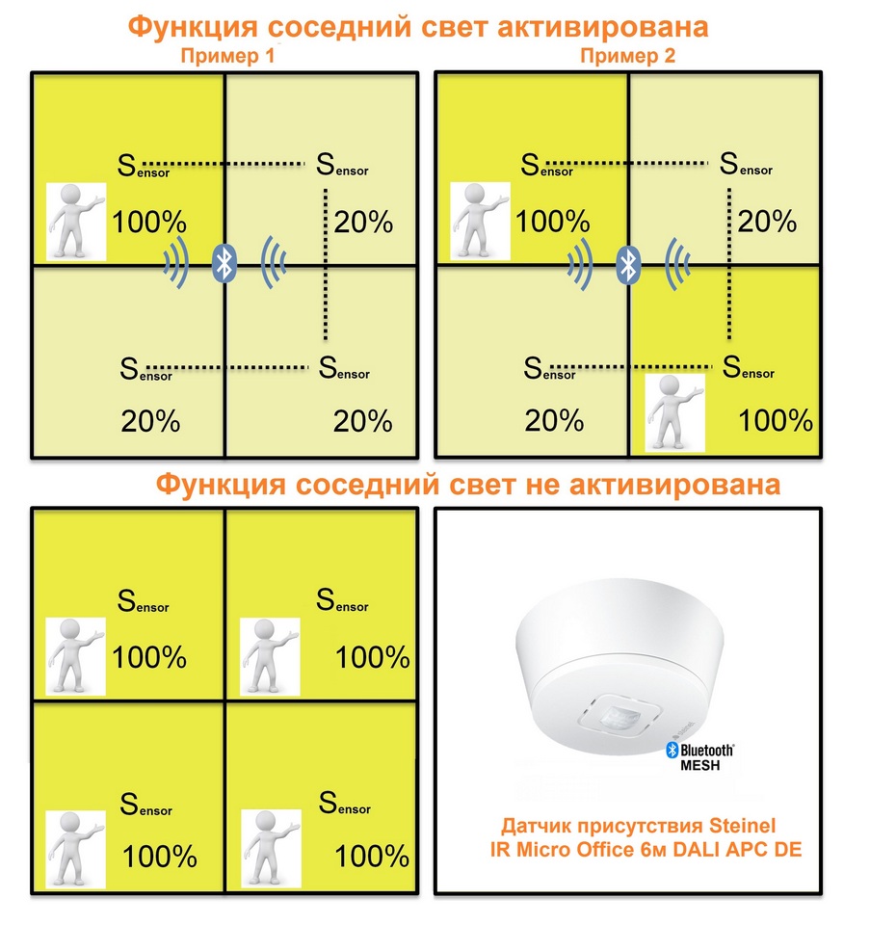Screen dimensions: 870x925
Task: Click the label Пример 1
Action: tap(227, 56)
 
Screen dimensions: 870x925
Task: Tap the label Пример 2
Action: tap(627, 56)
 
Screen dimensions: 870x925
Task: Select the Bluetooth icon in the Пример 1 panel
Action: tap(224, 263)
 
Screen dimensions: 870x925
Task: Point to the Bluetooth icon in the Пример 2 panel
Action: tap(628, 264)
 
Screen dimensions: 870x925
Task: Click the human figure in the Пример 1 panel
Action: tap(76, 222)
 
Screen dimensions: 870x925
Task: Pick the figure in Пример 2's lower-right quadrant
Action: tap(675, 412)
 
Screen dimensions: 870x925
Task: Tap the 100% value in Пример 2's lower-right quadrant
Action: tap(776, 421)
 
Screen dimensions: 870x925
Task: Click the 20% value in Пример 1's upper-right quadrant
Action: tap(363, 223)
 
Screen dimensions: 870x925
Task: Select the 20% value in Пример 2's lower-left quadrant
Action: tap(554, 421)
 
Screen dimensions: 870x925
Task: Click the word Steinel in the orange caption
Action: tap(742, 826)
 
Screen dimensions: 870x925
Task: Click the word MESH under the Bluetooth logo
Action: tap(700, 766)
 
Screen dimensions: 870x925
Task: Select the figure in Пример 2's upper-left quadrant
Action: tap(480, 222)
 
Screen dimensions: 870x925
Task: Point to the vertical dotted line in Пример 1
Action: tap(326, 265)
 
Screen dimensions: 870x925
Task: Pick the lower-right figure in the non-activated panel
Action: tap(272, 849)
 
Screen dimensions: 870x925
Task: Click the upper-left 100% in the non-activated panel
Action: tap(149, 657)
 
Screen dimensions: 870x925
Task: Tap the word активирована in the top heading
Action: tap(603, 27)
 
